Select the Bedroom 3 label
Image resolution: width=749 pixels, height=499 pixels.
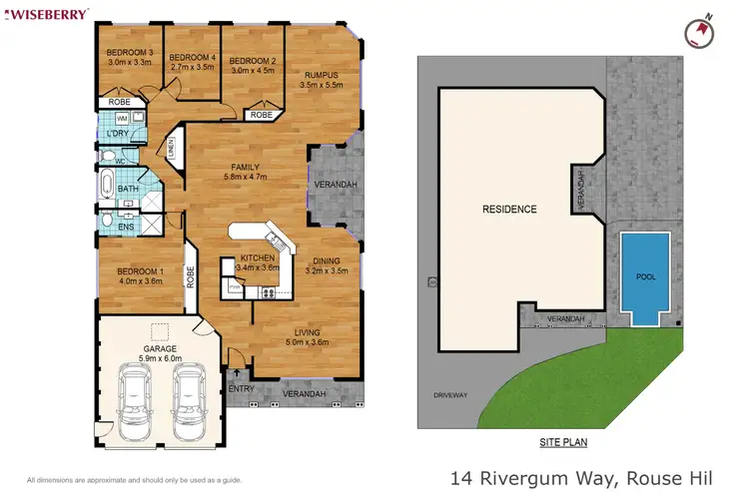[x=129, y=53]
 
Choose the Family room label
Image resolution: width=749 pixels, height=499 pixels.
[x=245, y=167]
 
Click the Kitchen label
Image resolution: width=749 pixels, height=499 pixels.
[x=256, y=256]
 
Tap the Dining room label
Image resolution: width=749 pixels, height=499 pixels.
[x=325, y=259]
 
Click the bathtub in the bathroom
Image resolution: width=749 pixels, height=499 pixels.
[x=107, y=187]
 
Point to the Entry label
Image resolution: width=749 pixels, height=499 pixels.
[x=240, y=387]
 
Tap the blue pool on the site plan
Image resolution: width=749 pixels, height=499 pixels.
[x=645, y=274]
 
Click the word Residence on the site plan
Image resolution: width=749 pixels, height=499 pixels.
[x=509, y=210]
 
